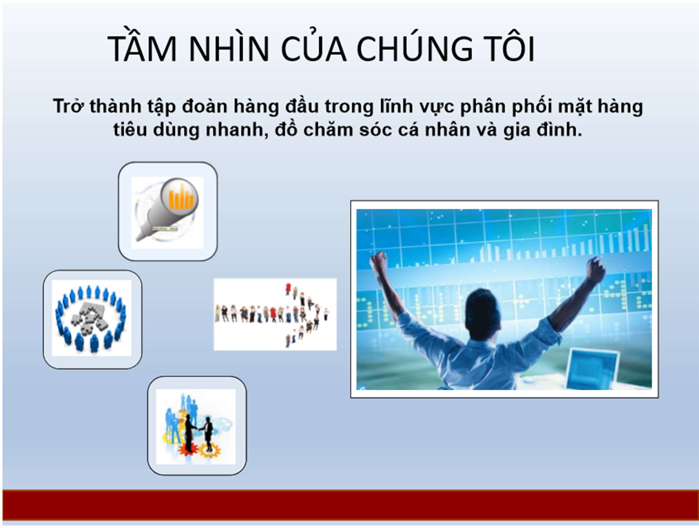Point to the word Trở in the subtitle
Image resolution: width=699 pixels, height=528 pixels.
69,106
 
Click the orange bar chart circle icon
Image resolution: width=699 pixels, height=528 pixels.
179,197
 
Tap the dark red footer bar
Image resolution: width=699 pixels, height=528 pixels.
350,505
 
